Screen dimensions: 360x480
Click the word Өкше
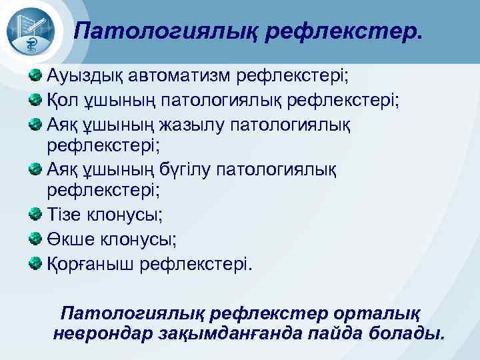point(69,240)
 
